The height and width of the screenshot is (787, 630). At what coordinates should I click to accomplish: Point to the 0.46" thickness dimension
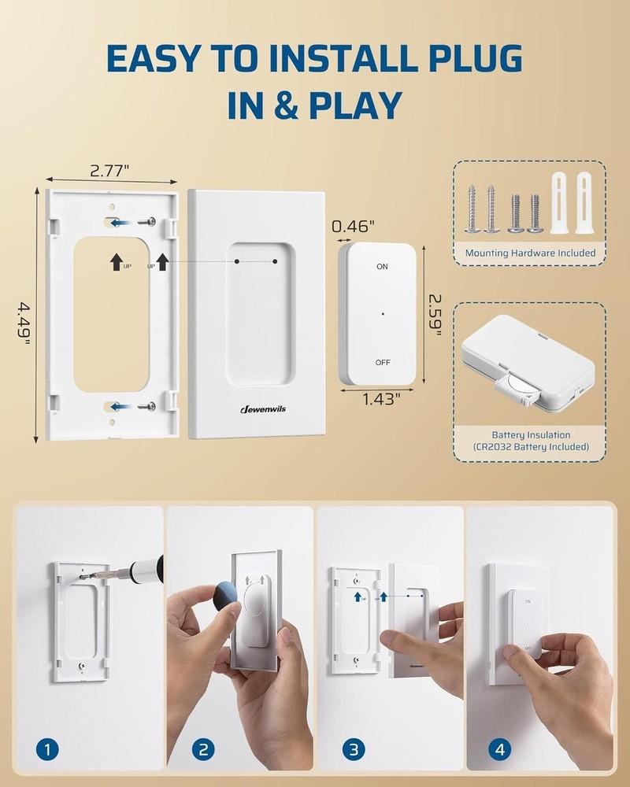coord(352,227)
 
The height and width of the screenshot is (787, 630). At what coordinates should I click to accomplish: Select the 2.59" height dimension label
coord(435,316)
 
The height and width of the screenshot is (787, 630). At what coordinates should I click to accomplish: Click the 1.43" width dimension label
coord(377,398)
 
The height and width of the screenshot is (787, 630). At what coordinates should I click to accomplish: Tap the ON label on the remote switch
coord(382,267)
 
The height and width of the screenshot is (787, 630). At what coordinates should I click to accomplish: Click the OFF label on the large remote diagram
coord(382,363)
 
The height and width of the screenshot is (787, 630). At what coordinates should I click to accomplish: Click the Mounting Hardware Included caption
coord(530,253)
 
